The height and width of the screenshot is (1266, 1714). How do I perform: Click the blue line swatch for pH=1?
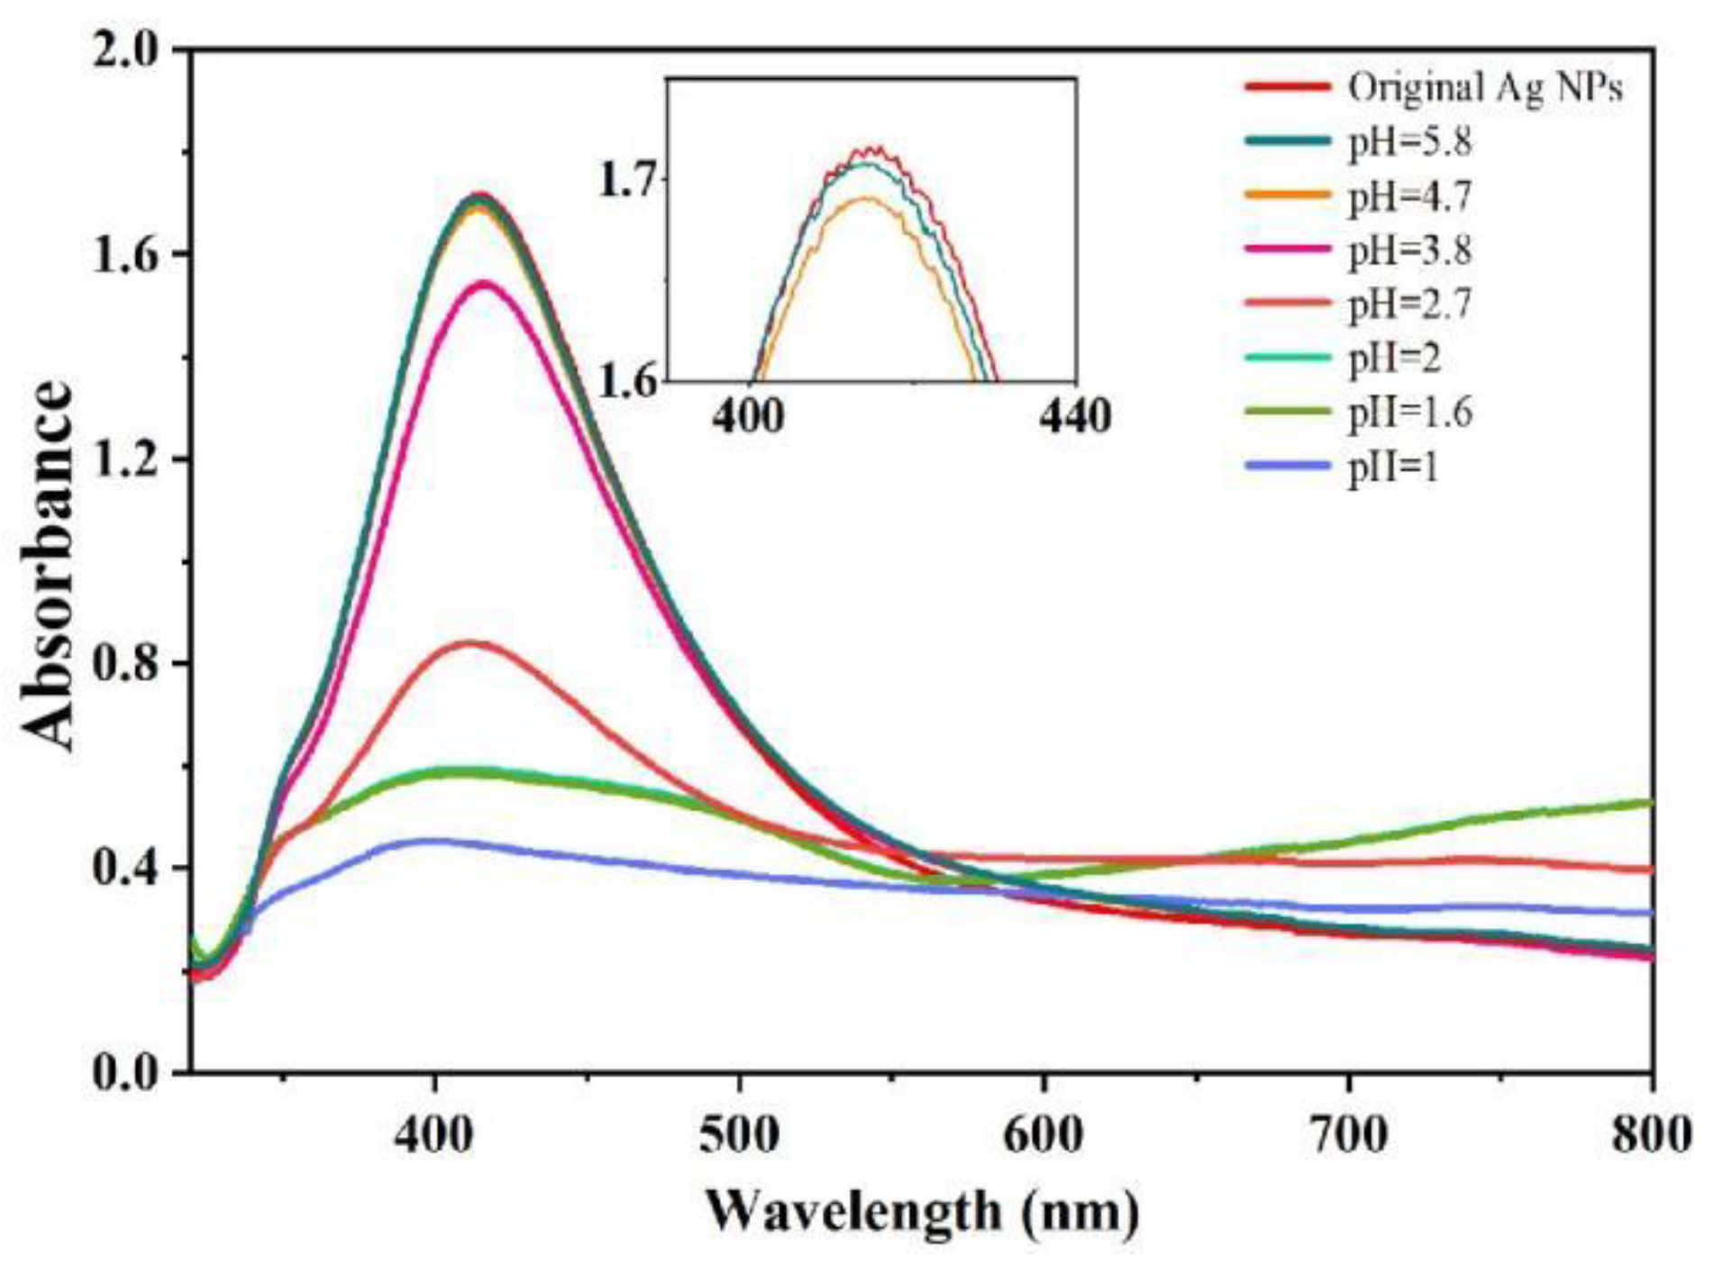tap(1288, 466)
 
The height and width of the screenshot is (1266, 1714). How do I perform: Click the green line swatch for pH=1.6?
tap(1288, 412)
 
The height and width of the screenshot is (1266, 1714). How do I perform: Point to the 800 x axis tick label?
tap(1651, 1134)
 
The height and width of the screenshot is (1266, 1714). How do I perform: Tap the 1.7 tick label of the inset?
tap(629, 178)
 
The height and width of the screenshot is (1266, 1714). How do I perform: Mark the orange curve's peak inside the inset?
tap(863, 197)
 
